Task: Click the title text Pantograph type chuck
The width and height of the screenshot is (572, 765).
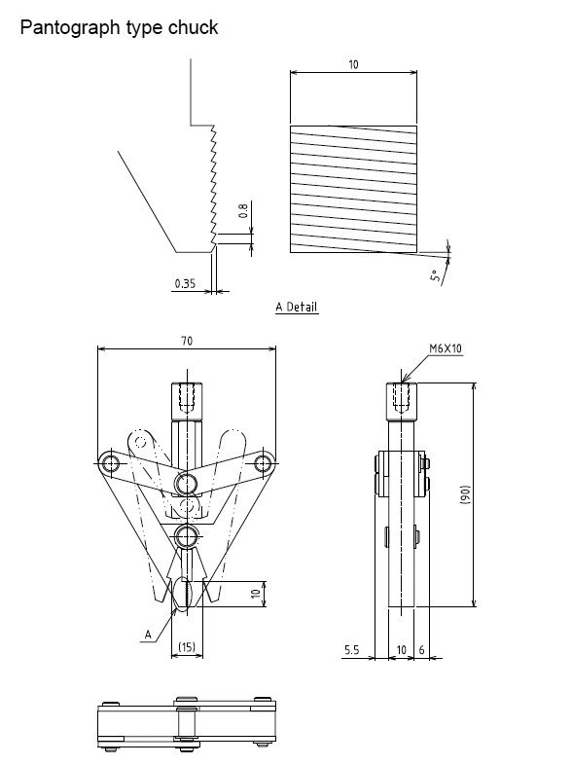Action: point(119,27)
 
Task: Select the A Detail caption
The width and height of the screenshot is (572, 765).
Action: point(297,307)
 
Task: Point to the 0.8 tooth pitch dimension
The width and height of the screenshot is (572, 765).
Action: point(244,209)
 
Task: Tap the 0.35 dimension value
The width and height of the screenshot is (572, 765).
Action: point(185,283)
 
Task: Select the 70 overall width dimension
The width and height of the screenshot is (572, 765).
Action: point(187,341)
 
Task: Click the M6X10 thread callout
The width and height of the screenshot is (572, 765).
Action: point(445,346)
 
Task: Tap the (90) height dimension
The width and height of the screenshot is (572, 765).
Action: point(464,493)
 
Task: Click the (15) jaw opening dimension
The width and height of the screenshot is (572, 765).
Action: point(187,647)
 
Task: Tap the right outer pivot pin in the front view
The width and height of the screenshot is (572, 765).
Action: point(262,463)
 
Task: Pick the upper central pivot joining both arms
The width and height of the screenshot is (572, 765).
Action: point(187,483)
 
